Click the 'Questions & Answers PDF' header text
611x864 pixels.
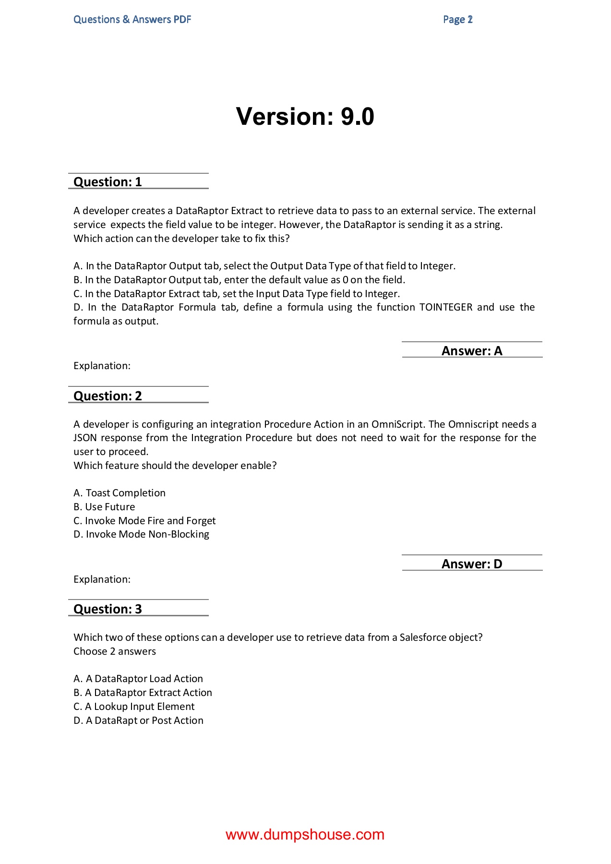[x=132, y=20]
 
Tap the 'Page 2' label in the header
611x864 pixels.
[x=457, y=20]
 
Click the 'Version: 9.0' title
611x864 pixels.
[x=305, y=117]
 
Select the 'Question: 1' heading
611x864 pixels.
[x=108, y=182]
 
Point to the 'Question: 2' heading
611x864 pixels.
[x=108, y=396]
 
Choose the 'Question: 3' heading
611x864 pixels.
[x=108, y=609]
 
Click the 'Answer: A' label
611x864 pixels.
[x=471, y=351]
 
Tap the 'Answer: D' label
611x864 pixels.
[x=471, y=564]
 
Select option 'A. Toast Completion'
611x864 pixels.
[x=120, y=493]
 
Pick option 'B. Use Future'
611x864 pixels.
[x=104, y=507]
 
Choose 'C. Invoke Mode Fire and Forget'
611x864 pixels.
[x=144, y=521]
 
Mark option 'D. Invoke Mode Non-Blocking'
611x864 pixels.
[x=141, y=534]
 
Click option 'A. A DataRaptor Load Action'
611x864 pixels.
[x=138, y=679]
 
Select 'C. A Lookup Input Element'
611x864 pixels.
[x=134, y=707]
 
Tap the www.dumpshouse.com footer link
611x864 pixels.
[x=305, y=834]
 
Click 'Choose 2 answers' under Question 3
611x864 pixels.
[x=115, y=651]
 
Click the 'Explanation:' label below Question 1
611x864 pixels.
[x=102, y=366]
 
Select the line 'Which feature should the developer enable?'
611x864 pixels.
[x=175, y=466]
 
